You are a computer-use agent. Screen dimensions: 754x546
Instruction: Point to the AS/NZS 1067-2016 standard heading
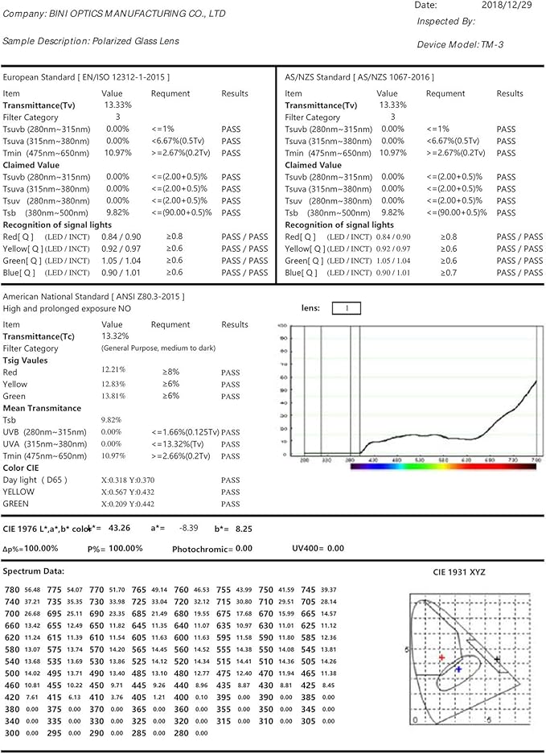click(359, 77)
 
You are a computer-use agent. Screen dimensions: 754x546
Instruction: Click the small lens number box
click(346, 307)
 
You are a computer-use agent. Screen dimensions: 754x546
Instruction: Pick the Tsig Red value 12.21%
click(113, 369)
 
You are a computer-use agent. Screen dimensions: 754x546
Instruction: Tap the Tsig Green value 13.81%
click(113, 396)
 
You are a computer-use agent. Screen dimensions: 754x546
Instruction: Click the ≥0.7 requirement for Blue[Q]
click(449, 273)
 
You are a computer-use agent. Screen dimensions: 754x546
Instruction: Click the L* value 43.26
click(119, 528)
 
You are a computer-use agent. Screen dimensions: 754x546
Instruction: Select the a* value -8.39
click(186, 528)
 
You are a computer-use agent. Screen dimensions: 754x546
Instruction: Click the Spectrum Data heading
click(33, 571)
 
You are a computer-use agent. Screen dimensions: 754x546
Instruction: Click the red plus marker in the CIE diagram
click(441, 657)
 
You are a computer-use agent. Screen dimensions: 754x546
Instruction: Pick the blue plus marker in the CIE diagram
click(458, 669)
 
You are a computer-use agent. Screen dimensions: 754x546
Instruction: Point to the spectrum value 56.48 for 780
click(32, 590)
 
